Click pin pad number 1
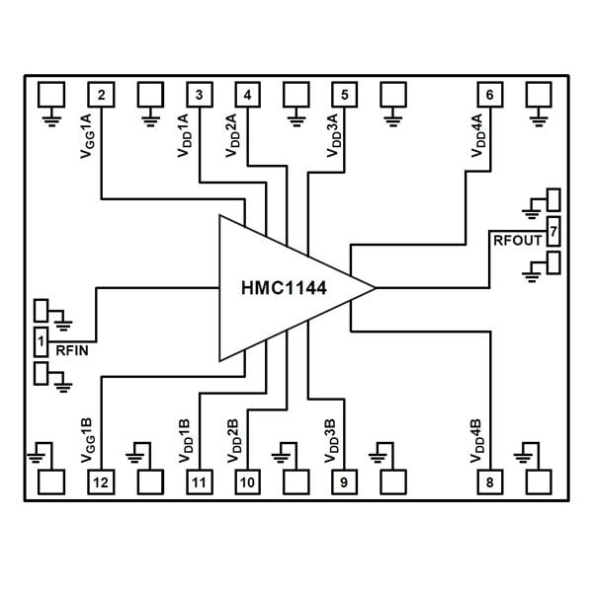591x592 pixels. point(42,342)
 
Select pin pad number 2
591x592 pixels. point(102,95)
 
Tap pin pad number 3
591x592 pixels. point(199,95)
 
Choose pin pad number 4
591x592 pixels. point(247,95)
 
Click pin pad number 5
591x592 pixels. point(344,95)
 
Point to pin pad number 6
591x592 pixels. point(489,95)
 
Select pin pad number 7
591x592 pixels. point(553,232)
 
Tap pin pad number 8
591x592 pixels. point(489,482)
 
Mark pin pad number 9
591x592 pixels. point(344,482)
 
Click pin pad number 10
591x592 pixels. point(247,482)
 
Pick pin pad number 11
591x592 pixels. point(199,482)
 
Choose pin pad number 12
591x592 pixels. point(102,482)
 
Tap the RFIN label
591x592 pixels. point(75,349)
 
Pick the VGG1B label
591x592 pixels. point(85,440)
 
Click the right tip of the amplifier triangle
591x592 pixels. point(375,287)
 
